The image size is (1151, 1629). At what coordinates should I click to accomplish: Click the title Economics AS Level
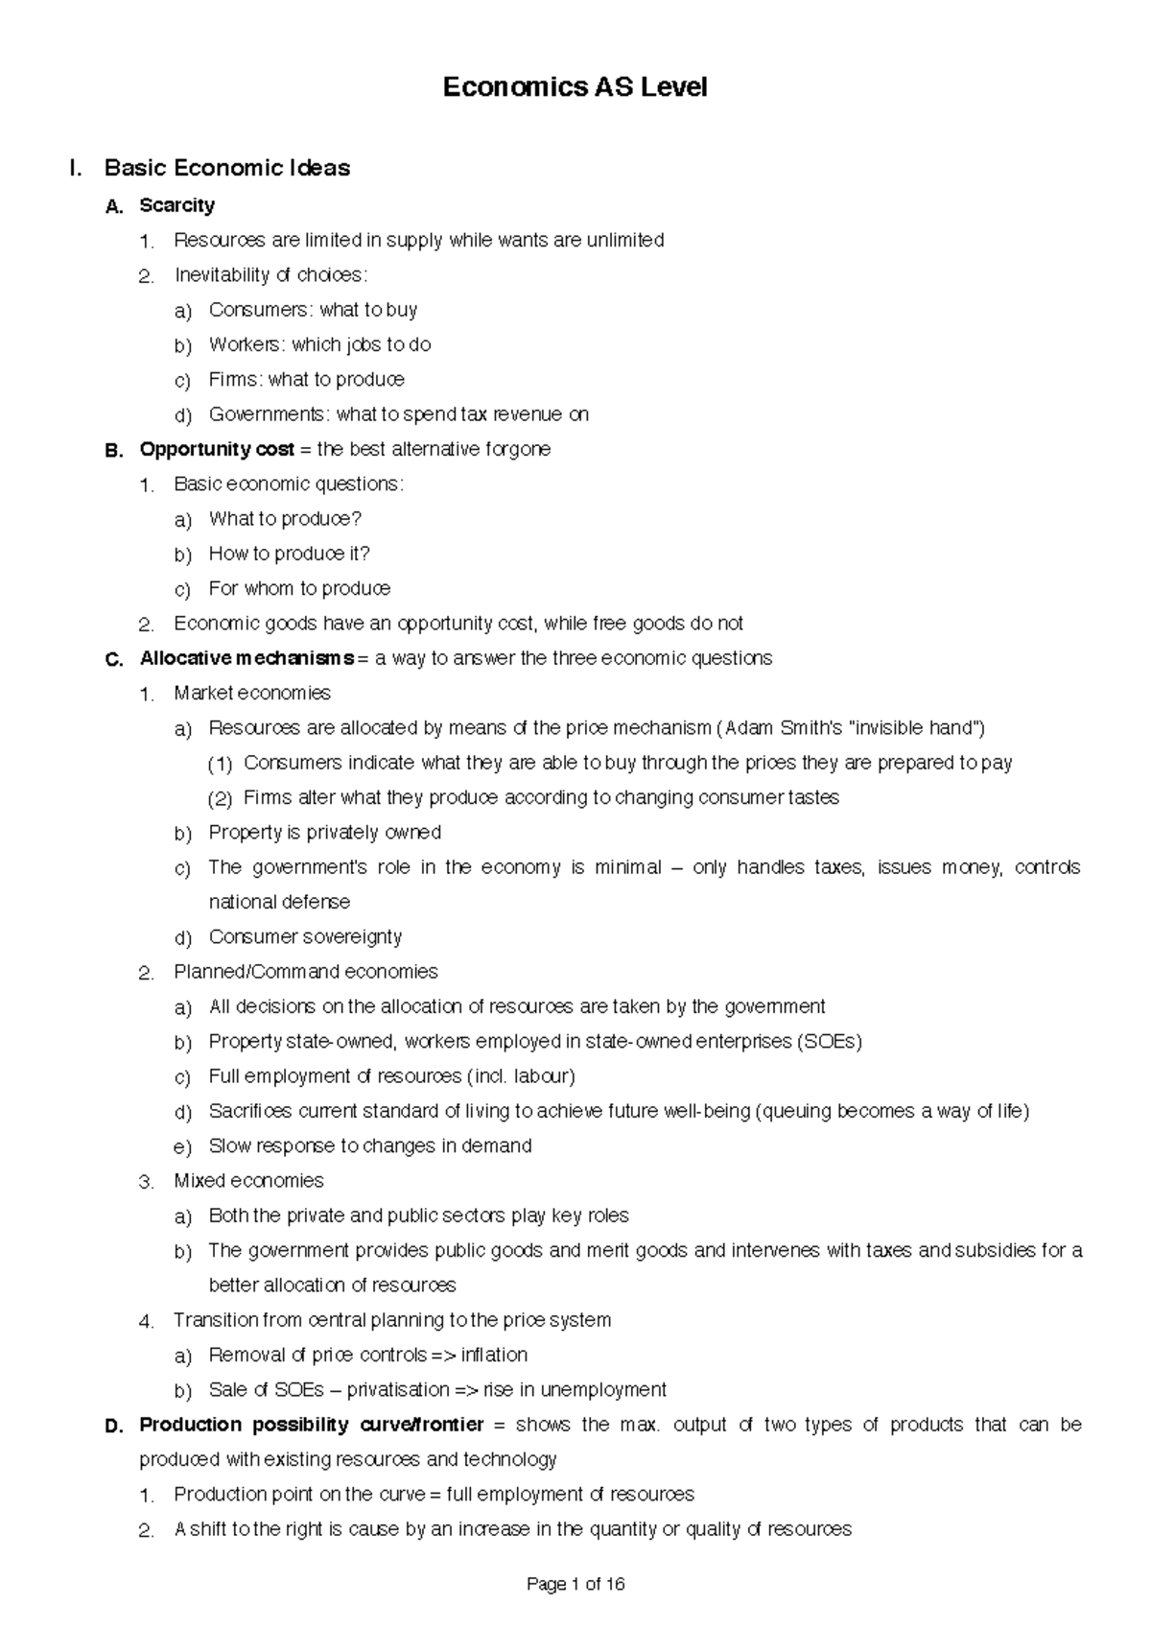click(575, 87)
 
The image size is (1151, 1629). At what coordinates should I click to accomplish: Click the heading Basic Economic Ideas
click(226, 168)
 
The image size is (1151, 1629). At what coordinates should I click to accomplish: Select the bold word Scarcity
click(176, 205)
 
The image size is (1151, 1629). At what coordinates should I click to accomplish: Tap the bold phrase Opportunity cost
click(217, 449)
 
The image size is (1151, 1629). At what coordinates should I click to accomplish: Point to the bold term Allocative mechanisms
click(247, 658)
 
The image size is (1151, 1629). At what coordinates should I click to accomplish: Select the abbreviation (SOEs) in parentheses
click(830, 1042)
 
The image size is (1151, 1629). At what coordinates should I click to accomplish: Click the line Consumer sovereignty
click(305, 937)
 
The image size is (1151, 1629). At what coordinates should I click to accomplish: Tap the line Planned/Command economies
click(305, 972)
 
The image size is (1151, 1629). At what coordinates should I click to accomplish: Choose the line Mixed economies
click(248, 1181)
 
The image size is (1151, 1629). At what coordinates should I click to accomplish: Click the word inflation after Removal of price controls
click(494, 1356)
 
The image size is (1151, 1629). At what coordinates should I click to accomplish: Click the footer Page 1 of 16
click(575, 1585)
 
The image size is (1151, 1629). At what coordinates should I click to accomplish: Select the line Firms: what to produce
click(306, 380)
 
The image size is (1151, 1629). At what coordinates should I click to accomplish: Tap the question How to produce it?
click(289, 554)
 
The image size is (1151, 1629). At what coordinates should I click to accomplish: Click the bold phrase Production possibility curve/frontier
click(311, 1425)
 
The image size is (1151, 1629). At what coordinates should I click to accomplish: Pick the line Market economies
click(252, 693)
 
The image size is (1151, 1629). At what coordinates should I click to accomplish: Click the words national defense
click(279, 903)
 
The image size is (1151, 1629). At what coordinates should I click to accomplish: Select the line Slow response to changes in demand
click(370, 1146)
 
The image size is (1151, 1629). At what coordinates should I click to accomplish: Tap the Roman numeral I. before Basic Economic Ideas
click(76, 169)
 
